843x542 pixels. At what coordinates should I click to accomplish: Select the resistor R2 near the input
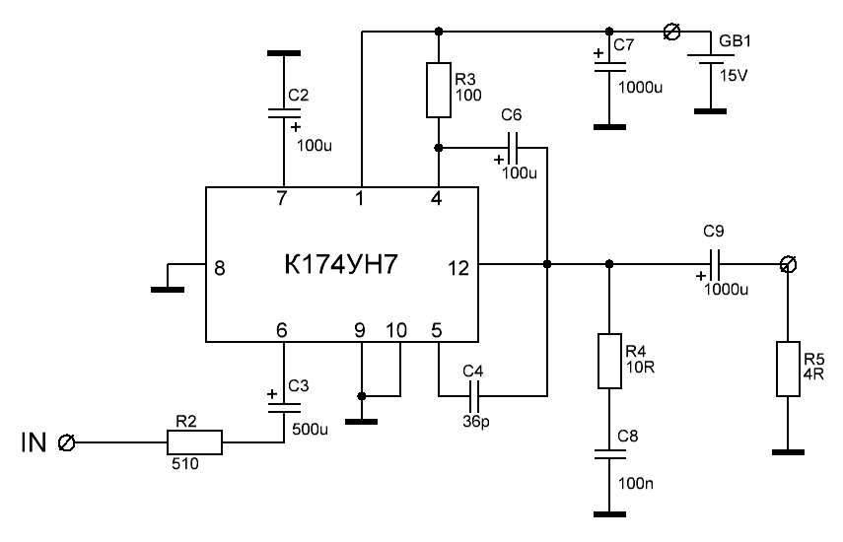[197, 442]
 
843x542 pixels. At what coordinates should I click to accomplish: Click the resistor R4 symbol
[608, 362]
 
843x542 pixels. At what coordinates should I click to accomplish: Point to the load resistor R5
[787, 369]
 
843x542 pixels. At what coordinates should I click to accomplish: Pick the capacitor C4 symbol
[474, 395]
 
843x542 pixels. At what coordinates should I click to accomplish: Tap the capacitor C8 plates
[608, 454]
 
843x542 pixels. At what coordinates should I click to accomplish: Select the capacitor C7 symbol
[608, 68]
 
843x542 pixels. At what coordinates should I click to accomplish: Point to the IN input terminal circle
[67, 442]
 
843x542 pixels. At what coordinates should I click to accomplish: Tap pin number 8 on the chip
[219, 265]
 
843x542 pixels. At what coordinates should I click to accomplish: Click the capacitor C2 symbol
[282, 115]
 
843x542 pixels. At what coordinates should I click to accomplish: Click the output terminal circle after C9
[787, 264]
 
